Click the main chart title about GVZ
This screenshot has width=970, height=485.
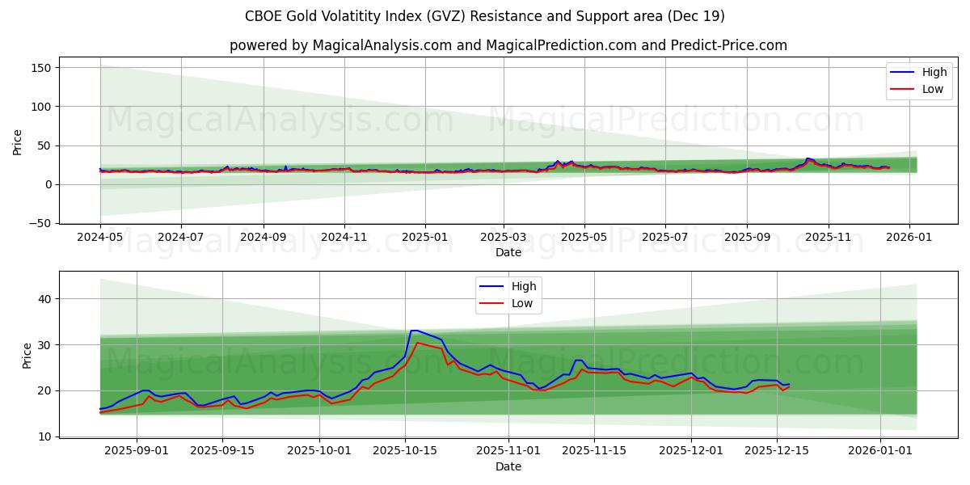484,16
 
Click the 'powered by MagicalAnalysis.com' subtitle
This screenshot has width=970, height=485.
508,45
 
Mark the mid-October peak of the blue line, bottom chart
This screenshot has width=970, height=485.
413,330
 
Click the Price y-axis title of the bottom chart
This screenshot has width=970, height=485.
27,356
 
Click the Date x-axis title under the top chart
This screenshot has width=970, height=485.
508,253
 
